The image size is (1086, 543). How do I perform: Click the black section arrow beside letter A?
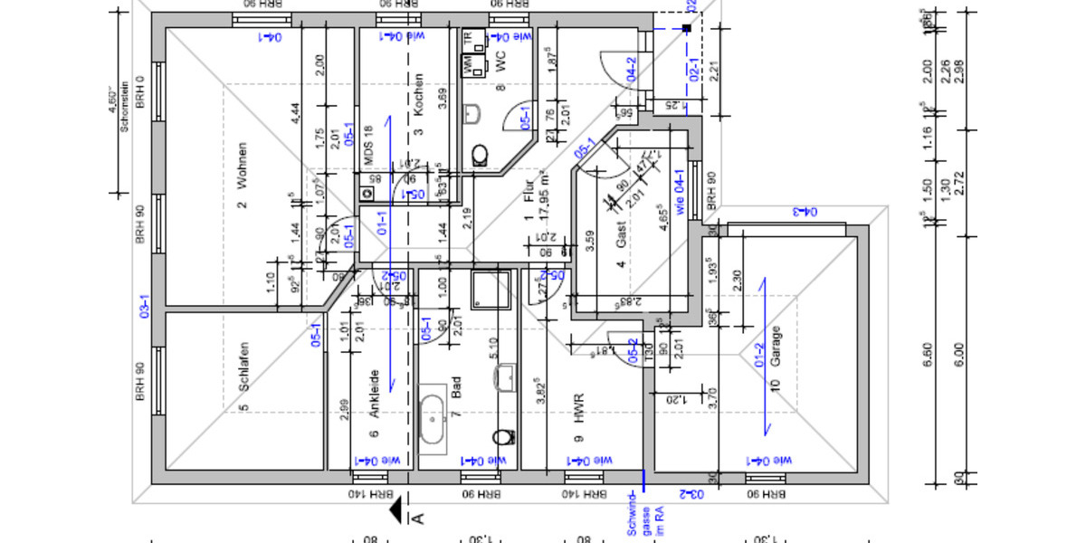coord(396,512)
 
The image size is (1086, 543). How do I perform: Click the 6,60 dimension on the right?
coord(929,354)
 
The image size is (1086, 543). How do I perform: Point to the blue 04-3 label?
coord(805,212)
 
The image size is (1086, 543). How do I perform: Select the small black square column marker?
coord(687,29)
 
